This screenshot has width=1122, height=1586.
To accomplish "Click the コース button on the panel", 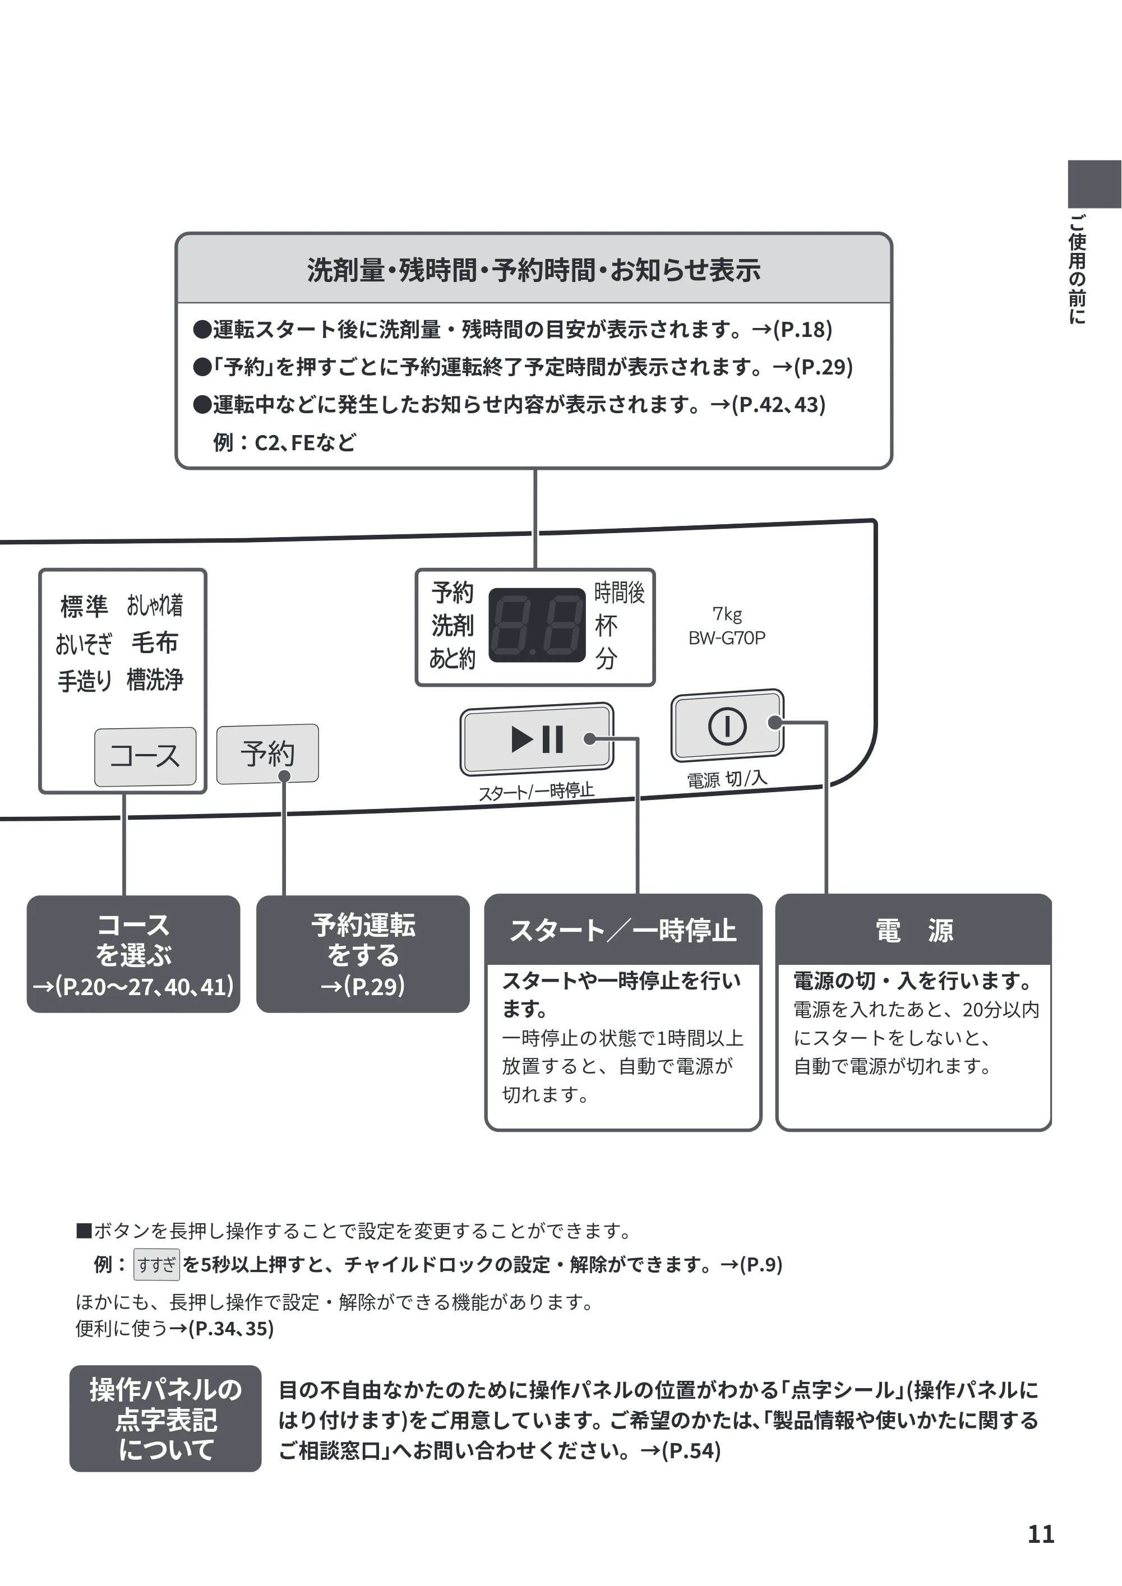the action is tap(145, 756).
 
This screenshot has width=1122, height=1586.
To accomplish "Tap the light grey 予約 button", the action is tap(267, 753).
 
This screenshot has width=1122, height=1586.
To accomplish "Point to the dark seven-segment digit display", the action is tap(537, 625).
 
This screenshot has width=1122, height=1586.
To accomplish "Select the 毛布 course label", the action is tap(155, 642).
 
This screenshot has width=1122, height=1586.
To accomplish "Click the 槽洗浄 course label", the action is tap(155, 679).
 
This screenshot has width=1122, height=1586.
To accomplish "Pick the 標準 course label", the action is tap(84, 607).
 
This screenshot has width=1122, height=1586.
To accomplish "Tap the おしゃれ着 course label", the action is tap(155, 605).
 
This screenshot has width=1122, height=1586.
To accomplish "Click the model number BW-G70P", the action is tap(727, 637).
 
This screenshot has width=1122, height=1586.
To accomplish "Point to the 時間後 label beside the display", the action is tap(619, 592).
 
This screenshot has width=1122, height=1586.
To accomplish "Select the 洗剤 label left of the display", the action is tap(453, 625).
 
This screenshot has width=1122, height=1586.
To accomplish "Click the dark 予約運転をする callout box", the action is tap(363, 954).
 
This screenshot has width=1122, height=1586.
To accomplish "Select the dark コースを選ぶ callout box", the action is tap(133, 954).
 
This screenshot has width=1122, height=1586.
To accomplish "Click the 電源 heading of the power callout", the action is tap(913, 930).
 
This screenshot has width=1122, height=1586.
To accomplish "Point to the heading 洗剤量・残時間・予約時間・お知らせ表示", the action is tap(533, 270).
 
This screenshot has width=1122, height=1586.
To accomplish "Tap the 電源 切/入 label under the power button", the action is tap(727, 779).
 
